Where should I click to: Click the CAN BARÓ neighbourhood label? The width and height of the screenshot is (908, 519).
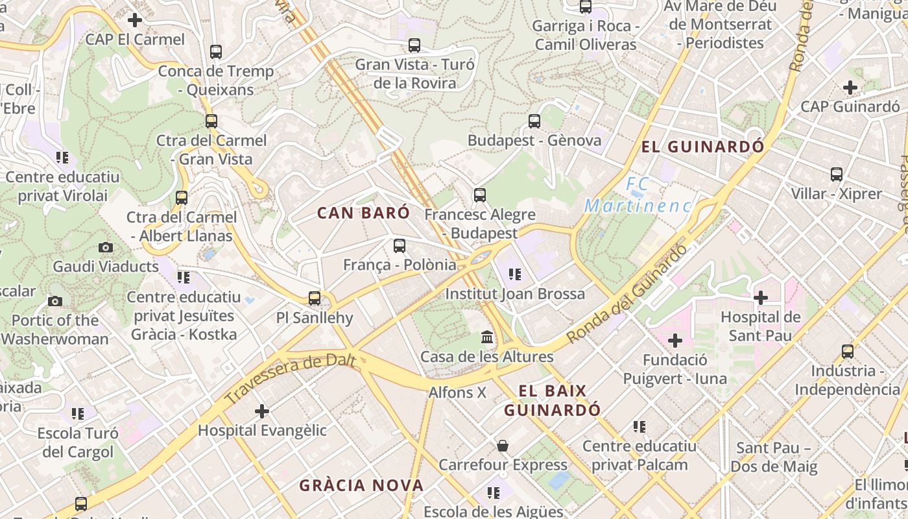tap(363, 213)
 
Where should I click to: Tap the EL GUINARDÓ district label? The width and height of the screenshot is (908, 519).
tap(702, 147)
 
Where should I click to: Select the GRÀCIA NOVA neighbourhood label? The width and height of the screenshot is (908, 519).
tap(361, 485)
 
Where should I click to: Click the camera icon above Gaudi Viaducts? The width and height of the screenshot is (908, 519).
tap(105, 247)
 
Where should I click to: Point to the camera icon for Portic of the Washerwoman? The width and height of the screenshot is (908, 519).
tap(55, 301)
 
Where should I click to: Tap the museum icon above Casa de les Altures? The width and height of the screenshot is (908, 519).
tap(487, 337)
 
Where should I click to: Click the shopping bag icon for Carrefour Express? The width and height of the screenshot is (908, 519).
tap(503, 446)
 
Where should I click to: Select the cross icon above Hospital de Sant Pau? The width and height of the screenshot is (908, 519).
tap(761, 298)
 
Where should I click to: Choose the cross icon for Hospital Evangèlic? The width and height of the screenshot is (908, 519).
tap(262, 411)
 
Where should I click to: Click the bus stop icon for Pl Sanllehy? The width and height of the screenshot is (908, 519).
tap(315, 298)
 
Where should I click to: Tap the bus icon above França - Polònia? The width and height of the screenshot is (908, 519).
tap(400, 246)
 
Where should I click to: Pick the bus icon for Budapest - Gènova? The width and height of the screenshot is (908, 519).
tap(534, 121)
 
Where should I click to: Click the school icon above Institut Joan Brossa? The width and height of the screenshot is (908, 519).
tap(514, 274)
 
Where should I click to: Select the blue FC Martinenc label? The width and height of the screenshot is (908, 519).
tap(638, 195)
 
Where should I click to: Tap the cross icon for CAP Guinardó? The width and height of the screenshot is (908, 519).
tap(850, 87)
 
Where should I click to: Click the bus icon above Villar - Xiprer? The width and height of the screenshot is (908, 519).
tap(837, 175)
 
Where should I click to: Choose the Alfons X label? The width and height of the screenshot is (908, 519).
tap(457, 392)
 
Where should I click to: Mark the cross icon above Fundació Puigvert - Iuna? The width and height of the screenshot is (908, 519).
tap(675, 340)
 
